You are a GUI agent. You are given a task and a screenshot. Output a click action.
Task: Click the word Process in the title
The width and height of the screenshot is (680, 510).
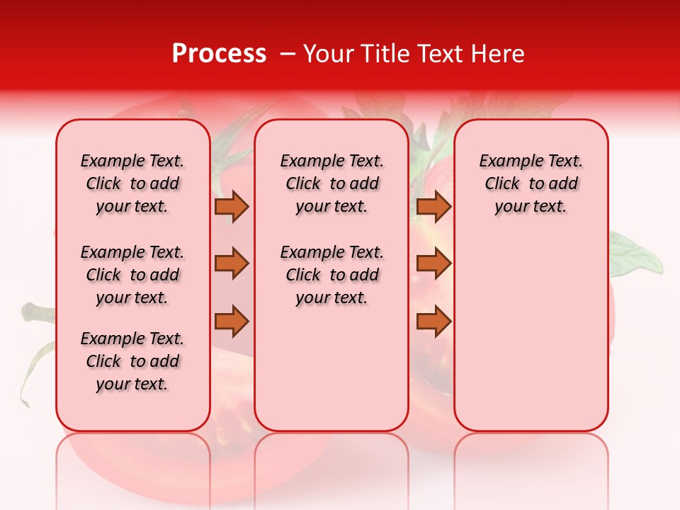(x=219, y=54)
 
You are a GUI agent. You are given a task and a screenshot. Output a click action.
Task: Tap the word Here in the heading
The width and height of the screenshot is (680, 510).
(x=497, y=54)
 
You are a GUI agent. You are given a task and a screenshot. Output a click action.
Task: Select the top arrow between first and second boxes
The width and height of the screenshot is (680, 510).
(x=232, y=206)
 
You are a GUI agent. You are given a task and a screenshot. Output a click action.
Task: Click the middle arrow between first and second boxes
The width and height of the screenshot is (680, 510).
(x=232, y=263)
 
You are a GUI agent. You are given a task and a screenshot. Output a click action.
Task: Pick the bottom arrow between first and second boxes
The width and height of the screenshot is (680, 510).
(x=232, y=322)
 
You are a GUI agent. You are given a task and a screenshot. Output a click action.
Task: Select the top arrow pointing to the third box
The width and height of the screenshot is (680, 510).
(x=433, y=206)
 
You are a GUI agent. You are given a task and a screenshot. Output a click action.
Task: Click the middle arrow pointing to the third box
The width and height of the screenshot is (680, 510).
(x=433, y=263)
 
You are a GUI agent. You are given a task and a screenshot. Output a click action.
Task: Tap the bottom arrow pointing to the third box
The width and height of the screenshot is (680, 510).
(x=433, y=322)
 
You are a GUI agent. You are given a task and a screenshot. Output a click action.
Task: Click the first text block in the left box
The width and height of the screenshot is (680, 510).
(x=132, y=183)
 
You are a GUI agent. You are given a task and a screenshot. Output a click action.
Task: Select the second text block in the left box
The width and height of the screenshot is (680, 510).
(x=132, y=275)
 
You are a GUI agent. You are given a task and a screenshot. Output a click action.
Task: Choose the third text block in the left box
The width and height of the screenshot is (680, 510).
(x=132, y=361)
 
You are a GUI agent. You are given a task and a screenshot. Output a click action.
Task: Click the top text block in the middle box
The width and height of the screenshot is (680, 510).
(x=331, y=183)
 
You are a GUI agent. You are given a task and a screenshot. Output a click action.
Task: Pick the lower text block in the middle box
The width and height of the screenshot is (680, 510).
(x=331, y=275)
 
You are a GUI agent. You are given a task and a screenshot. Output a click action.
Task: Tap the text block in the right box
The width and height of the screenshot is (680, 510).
(x=531, y=183)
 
